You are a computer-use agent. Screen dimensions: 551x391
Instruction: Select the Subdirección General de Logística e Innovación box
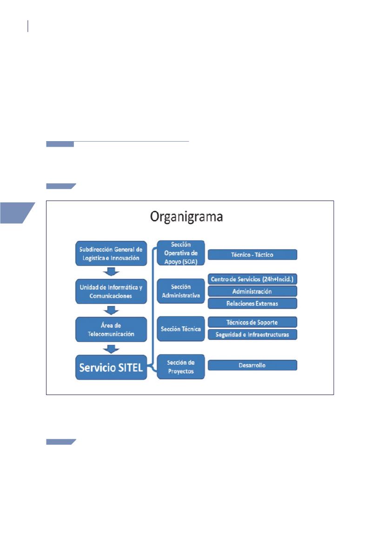tap(110, 253)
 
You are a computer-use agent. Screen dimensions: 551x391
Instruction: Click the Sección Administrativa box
tap(181, 291)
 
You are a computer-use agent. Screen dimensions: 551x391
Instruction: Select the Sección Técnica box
tap(181, 329)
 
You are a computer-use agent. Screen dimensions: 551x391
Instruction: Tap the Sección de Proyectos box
tap(181, 366)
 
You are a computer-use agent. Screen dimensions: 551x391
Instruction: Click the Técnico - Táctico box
tap(252, 254)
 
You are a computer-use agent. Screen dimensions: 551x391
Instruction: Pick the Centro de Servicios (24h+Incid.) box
tap(252, 279)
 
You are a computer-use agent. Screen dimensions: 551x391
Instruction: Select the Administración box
tap(252, 292)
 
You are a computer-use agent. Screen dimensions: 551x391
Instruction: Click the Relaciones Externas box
tap(252, 303)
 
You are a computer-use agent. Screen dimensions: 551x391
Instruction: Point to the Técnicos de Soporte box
tap(252, 322)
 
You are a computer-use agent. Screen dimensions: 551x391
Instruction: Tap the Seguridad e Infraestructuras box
tap(252, 334)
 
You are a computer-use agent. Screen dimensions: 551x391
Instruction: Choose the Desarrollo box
tap(252, 365)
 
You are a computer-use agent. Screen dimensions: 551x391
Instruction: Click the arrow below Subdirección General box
tap(110, 271)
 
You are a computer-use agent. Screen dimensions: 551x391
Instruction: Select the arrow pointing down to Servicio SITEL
tap(110, 348)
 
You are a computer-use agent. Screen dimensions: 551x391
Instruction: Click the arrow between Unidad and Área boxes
tap(110, 309)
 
